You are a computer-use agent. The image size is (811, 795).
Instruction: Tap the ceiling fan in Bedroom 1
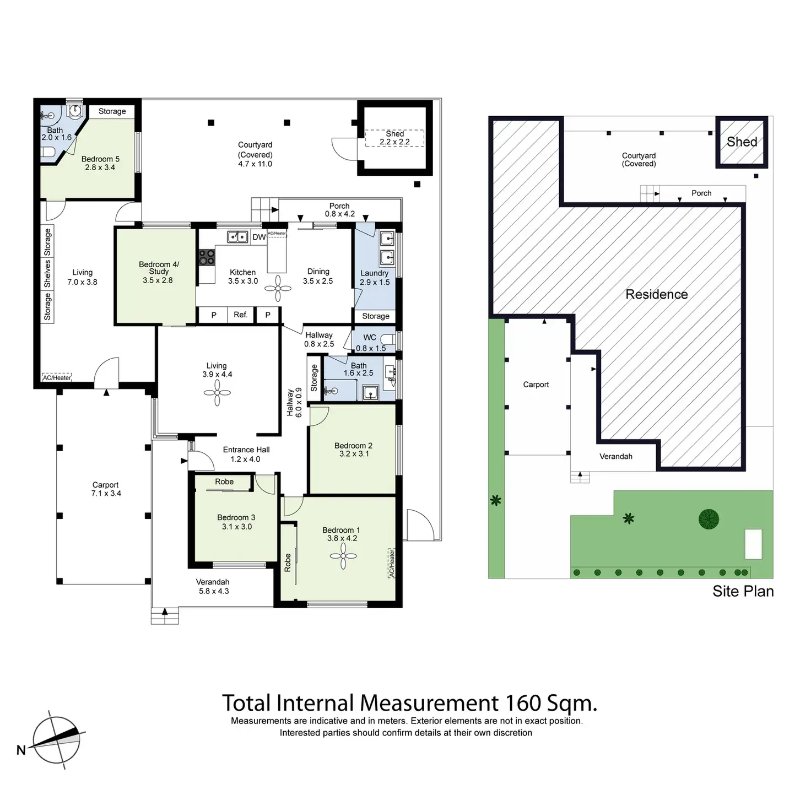pyautogui.click(x=343, y=556)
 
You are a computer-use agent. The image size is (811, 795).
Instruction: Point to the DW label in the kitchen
pyautogui.click(x=259, y=237)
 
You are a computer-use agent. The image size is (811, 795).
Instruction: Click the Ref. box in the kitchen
pyautogui.click(x=240, y=315)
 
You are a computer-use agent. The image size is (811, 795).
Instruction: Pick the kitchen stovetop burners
pyautogui.click(x=207, y=257)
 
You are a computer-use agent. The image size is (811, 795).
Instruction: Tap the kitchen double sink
pyautogui.click(x=237, y=237)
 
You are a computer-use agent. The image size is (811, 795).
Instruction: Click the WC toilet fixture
pyautogui.click(x=388, y=339)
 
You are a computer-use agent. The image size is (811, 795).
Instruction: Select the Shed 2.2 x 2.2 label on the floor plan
pyautogui.click(x=394, y=138)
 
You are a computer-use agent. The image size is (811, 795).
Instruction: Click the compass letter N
pyautogui.click(x=21, y=750)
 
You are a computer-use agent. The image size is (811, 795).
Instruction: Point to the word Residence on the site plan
pyautogui.click(x=656, y=294)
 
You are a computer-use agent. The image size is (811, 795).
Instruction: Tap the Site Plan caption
pyautogui.click(x=743, y=591)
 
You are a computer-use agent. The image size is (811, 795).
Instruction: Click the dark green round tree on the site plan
pyautogui.click(x=709, y=519)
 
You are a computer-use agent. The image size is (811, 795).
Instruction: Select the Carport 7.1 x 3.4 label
pyautogui.click(x=106, y=489)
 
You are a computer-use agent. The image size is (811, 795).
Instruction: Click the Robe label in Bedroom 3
pyautogui.click(x=224, y=482)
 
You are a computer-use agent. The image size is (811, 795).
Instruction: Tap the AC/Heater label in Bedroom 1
pyautogui.click(x=392, y=563)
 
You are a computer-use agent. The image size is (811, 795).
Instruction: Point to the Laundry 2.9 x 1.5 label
pyautogui.click(x=375, y=278)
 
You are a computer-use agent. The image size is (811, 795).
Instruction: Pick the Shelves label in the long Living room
pyautogui.click(x=48, y=274)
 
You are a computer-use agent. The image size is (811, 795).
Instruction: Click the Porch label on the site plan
pyautogui.click(x=701, y=193)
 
